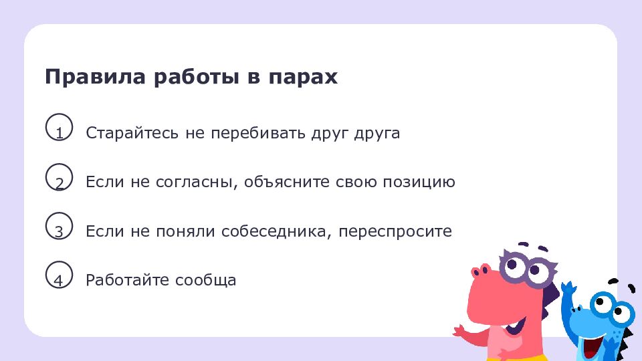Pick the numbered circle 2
click(59, 178)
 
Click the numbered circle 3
click(59, 227)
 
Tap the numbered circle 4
click(59, 276)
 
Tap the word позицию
click(419, 183)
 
